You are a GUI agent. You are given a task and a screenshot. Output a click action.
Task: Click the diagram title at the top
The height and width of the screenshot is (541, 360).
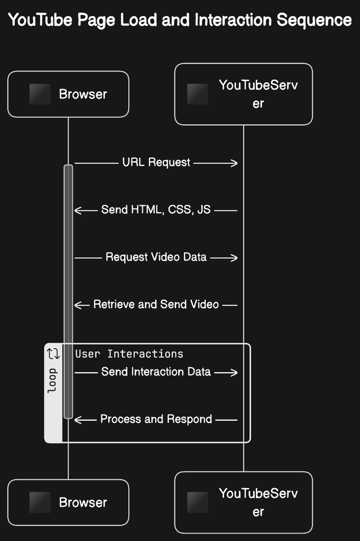180,21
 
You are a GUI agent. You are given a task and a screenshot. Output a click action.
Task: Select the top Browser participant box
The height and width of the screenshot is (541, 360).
68,94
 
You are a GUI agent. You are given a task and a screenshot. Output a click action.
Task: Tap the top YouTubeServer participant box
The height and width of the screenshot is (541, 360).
243,94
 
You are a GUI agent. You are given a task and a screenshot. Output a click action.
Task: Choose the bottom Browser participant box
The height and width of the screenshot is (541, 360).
68,502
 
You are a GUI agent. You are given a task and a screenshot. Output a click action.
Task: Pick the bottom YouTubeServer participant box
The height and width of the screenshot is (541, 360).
243,502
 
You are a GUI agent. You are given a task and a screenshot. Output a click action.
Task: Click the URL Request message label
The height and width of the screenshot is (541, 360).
156,163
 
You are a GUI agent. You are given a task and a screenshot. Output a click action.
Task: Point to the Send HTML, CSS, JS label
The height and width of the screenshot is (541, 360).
156,210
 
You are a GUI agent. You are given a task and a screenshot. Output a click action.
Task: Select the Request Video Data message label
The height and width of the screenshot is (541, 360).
156,257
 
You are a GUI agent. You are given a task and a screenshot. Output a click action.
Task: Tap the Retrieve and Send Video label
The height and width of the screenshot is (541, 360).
156,304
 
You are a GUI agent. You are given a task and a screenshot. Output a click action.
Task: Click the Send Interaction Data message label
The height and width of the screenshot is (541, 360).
156,372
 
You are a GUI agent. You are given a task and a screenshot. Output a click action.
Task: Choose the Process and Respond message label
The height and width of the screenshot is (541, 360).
156,419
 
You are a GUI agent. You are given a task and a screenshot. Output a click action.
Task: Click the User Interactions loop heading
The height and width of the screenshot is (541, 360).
129,354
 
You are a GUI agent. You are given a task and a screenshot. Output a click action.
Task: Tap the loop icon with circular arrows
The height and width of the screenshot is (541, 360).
53,354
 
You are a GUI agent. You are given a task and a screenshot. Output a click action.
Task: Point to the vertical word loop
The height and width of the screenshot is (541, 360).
53,380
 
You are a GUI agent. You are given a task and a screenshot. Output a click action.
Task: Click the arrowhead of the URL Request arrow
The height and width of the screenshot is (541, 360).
234,163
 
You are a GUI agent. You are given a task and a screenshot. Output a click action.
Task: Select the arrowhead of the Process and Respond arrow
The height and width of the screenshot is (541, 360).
78,419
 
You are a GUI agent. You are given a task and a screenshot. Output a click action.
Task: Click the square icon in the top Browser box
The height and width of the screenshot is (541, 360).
40,94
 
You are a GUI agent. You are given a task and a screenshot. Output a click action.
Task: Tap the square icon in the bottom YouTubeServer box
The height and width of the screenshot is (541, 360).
197,502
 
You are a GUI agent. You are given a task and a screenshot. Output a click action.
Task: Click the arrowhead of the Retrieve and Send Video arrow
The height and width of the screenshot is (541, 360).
78,304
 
